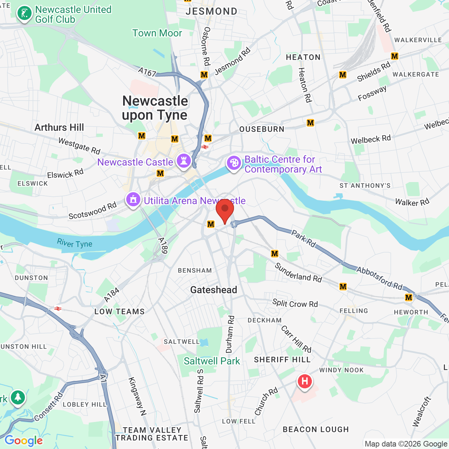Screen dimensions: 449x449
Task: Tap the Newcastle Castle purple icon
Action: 184,161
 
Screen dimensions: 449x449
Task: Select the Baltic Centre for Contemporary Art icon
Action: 234,163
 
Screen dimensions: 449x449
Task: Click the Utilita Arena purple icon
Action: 133,200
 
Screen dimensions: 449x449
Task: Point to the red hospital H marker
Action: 304,381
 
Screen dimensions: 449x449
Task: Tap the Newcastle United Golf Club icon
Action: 24,13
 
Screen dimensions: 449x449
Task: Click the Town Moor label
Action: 157,33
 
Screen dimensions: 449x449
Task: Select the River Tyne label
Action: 75,243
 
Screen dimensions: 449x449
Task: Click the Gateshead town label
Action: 214,290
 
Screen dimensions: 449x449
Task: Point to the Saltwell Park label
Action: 212,361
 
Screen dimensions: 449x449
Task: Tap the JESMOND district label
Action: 212,11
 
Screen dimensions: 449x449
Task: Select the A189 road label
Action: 163,246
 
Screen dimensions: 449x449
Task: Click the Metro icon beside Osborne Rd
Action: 204,75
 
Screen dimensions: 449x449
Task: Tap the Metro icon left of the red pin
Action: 210,224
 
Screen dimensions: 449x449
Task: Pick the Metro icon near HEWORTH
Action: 409,297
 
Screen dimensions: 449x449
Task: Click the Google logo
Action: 24,441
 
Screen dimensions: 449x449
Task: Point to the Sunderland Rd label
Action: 298,273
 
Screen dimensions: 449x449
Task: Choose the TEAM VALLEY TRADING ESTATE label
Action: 152,434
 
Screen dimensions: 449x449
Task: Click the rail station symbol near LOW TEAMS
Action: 58,309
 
